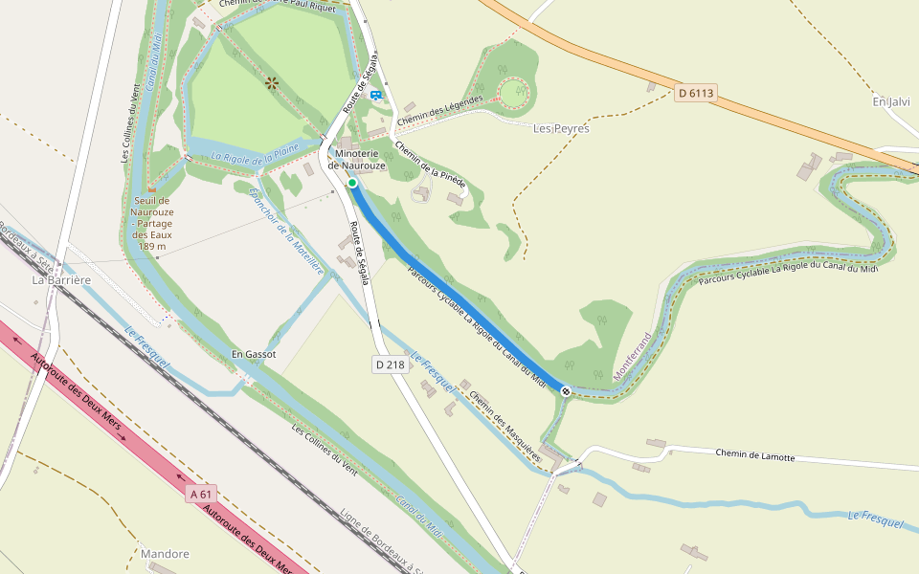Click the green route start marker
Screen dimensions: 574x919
coord(352,183)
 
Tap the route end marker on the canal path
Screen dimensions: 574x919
coord(567,390)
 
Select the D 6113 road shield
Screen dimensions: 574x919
coord(696,93)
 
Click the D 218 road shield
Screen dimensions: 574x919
coord(390,364)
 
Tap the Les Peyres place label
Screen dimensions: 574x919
coord(561,128)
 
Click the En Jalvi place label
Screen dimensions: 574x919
coord(891,101)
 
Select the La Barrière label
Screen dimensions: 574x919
coord(61,280)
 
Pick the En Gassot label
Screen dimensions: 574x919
coord(254,354)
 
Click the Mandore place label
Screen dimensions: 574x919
coord(165,554)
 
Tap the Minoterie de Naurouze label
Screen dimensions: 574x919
coord(356,160)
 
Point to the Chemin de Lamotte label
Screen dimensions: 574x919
coord(755,456)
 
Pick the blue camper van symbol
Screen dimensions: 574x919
coord(376,95)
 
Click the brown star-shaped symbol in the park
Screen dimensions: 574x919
coord(272,83)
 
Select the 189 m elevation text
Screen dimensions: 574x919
coord(151,246)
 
